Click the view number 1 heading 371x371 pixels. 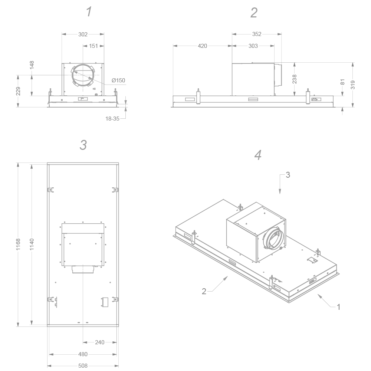click(x=89, y=12)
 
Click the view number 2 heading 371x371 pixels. click(x=254, y=13)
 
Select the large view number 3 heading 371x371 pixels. click(x=83, y=145)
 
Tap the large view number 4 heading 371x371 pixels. click(x=258, y=155)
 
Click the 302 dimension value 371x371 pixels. click(x=83, y=35)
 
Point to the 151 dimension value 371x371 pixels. click(x=93, y=46)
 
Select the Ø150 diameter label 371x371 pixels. click(x=118, y=81)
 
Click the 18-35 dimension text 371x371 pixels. click(x=112, y=119)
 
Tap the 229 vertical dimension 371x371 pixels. click(x=18, y=91)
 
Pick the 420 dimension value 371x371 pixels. click(x=202, y=46)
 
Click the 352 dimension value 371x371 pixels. click(x=257, y=34)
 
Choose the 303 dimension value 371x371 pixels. click(x=253, y=46)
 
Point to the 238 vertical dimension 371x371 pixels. click(x=295, y=79)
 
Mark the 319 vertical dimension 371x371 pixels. click(x=353, y=85)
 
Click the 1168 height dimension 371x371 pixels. click(x=18, y=245)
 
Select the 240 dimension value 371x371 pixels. click(x=100, y=342)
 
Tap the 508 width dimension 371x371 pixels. click(x=83, y=366)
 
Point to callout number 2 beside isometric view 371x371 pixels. click(x=204, y=292)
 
